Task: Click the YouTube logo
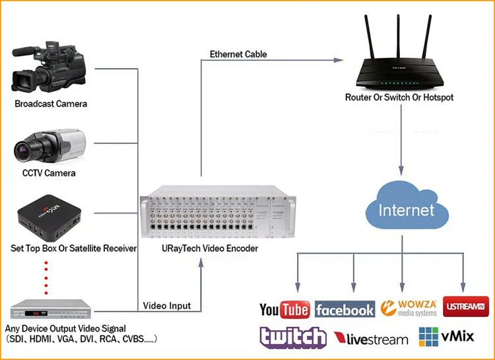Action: (x=284, y=309)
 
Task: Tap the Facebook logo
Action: (x=345, y=309)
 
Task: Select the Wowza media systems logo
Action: (x=409, y=308)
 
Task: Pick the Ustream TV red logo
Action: (x=466, y=306)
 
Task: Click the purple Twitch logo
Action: (x=293, y=338)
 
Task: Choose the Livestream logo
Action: (x=371, y=339)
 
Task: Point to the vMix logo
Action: (x=446, y=337)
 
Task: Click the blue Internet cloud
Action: (x=407, y=205)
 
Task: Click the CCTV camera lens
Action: (x=22, y=151)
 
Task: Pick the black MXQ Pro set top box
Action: (x=49, y=217)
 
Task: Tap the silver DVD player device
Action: (x=51, y=309)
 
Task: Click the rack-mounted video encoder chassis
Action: (x=218, y=211)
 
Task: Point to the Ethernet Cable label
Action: (x=238, y=54)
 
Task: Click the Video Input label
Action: (x=167, y=306)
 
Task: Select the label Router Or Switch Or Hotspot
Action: (x=399, y=97)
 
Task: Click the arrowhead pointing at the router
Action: (x=339, y=59)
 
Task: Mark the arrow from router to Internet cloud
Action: (x=401, y=139)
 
